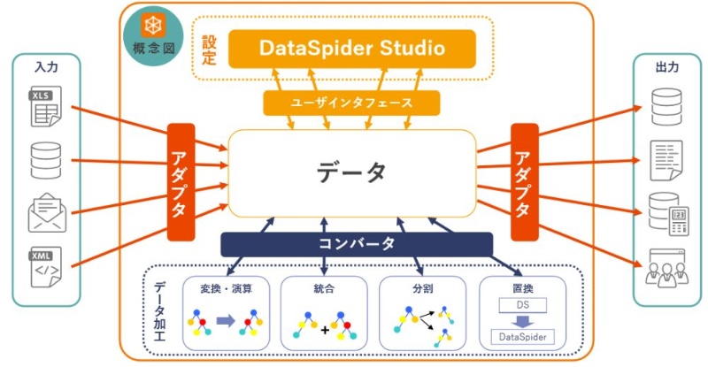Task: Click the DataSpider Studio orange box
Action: (351, 48)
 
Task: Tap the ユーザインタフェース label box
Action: (351, 103)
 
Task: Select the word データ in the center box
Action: (351, 172)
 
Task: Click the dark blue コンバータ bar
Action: (356, 243)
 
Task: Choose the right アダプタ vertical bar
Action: (524, 181)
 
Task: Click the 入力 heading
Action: (46, 67)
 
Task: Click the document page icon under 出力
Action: (666, 160)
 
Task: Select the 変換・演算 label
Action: (224, 289)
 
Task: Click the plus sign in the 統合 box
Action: (325, 330)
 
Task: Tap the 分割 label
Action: (422, 289)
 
